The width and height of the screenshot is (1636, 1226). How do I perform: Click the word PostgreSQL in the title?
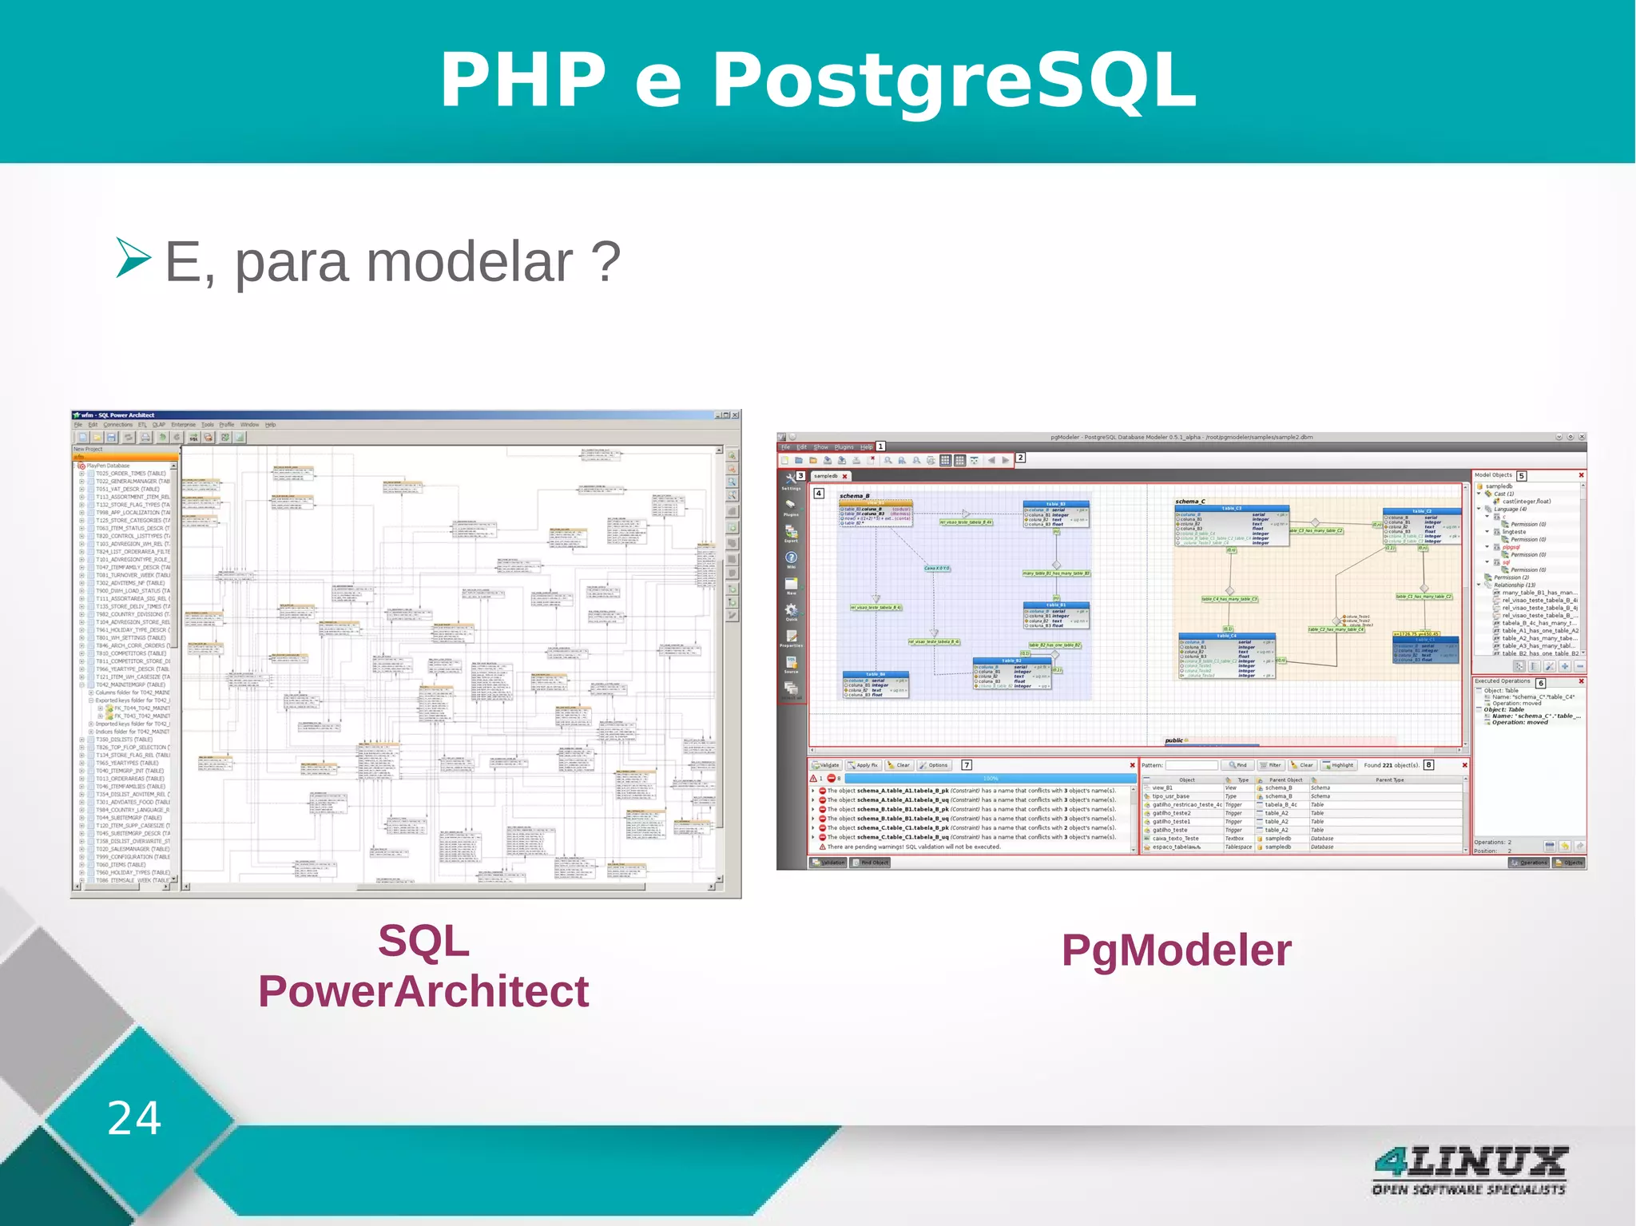(x=954, y=80)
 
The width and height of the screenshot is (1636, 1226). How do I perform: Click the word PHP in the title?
(x=523, y=80)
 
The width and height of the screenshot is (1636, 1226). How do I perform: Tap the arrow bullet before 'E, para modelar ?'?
(x=133, y=257)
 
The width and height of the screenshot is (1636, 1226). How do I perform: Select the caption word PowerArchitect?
(x=423, y=991)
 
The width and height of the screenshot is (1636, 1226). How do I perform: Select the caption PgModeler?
(x=1176, y=950)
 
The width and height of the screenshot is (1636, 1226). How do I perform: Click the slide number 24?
(x=134, y=1117)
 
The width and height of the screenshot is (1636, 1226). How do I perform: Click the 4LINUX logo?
(x=1469, y=1169)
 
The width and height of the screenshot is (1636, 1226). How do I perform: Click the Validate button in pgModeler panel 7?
(x=826, y=765)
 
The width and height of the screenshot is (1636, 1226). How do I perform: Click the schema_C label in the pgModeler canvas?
(x=1189, y=502)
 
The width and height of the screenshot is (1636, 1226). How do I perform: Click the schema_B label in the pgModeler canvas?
(x=854, y=496)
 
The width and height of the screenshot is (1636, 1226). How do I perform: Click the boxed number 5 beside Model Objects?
(x=1521, y=476)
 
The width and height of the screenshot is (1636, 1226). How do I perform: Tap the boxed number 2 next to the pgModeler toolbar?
(x=1020, y=458)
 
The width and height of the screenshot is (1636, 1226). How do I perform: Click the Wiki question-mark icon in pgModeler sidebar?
(x=791, y=557)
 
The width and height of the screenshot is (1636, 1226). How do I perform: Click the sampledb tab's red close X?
(x=844, y=477)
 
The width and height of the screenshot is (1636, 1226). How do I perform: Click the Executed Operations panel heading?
(x=1502, y=681)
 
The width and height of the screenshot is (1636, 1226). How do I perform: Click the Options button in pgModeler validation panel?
(x=933, y=765)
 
